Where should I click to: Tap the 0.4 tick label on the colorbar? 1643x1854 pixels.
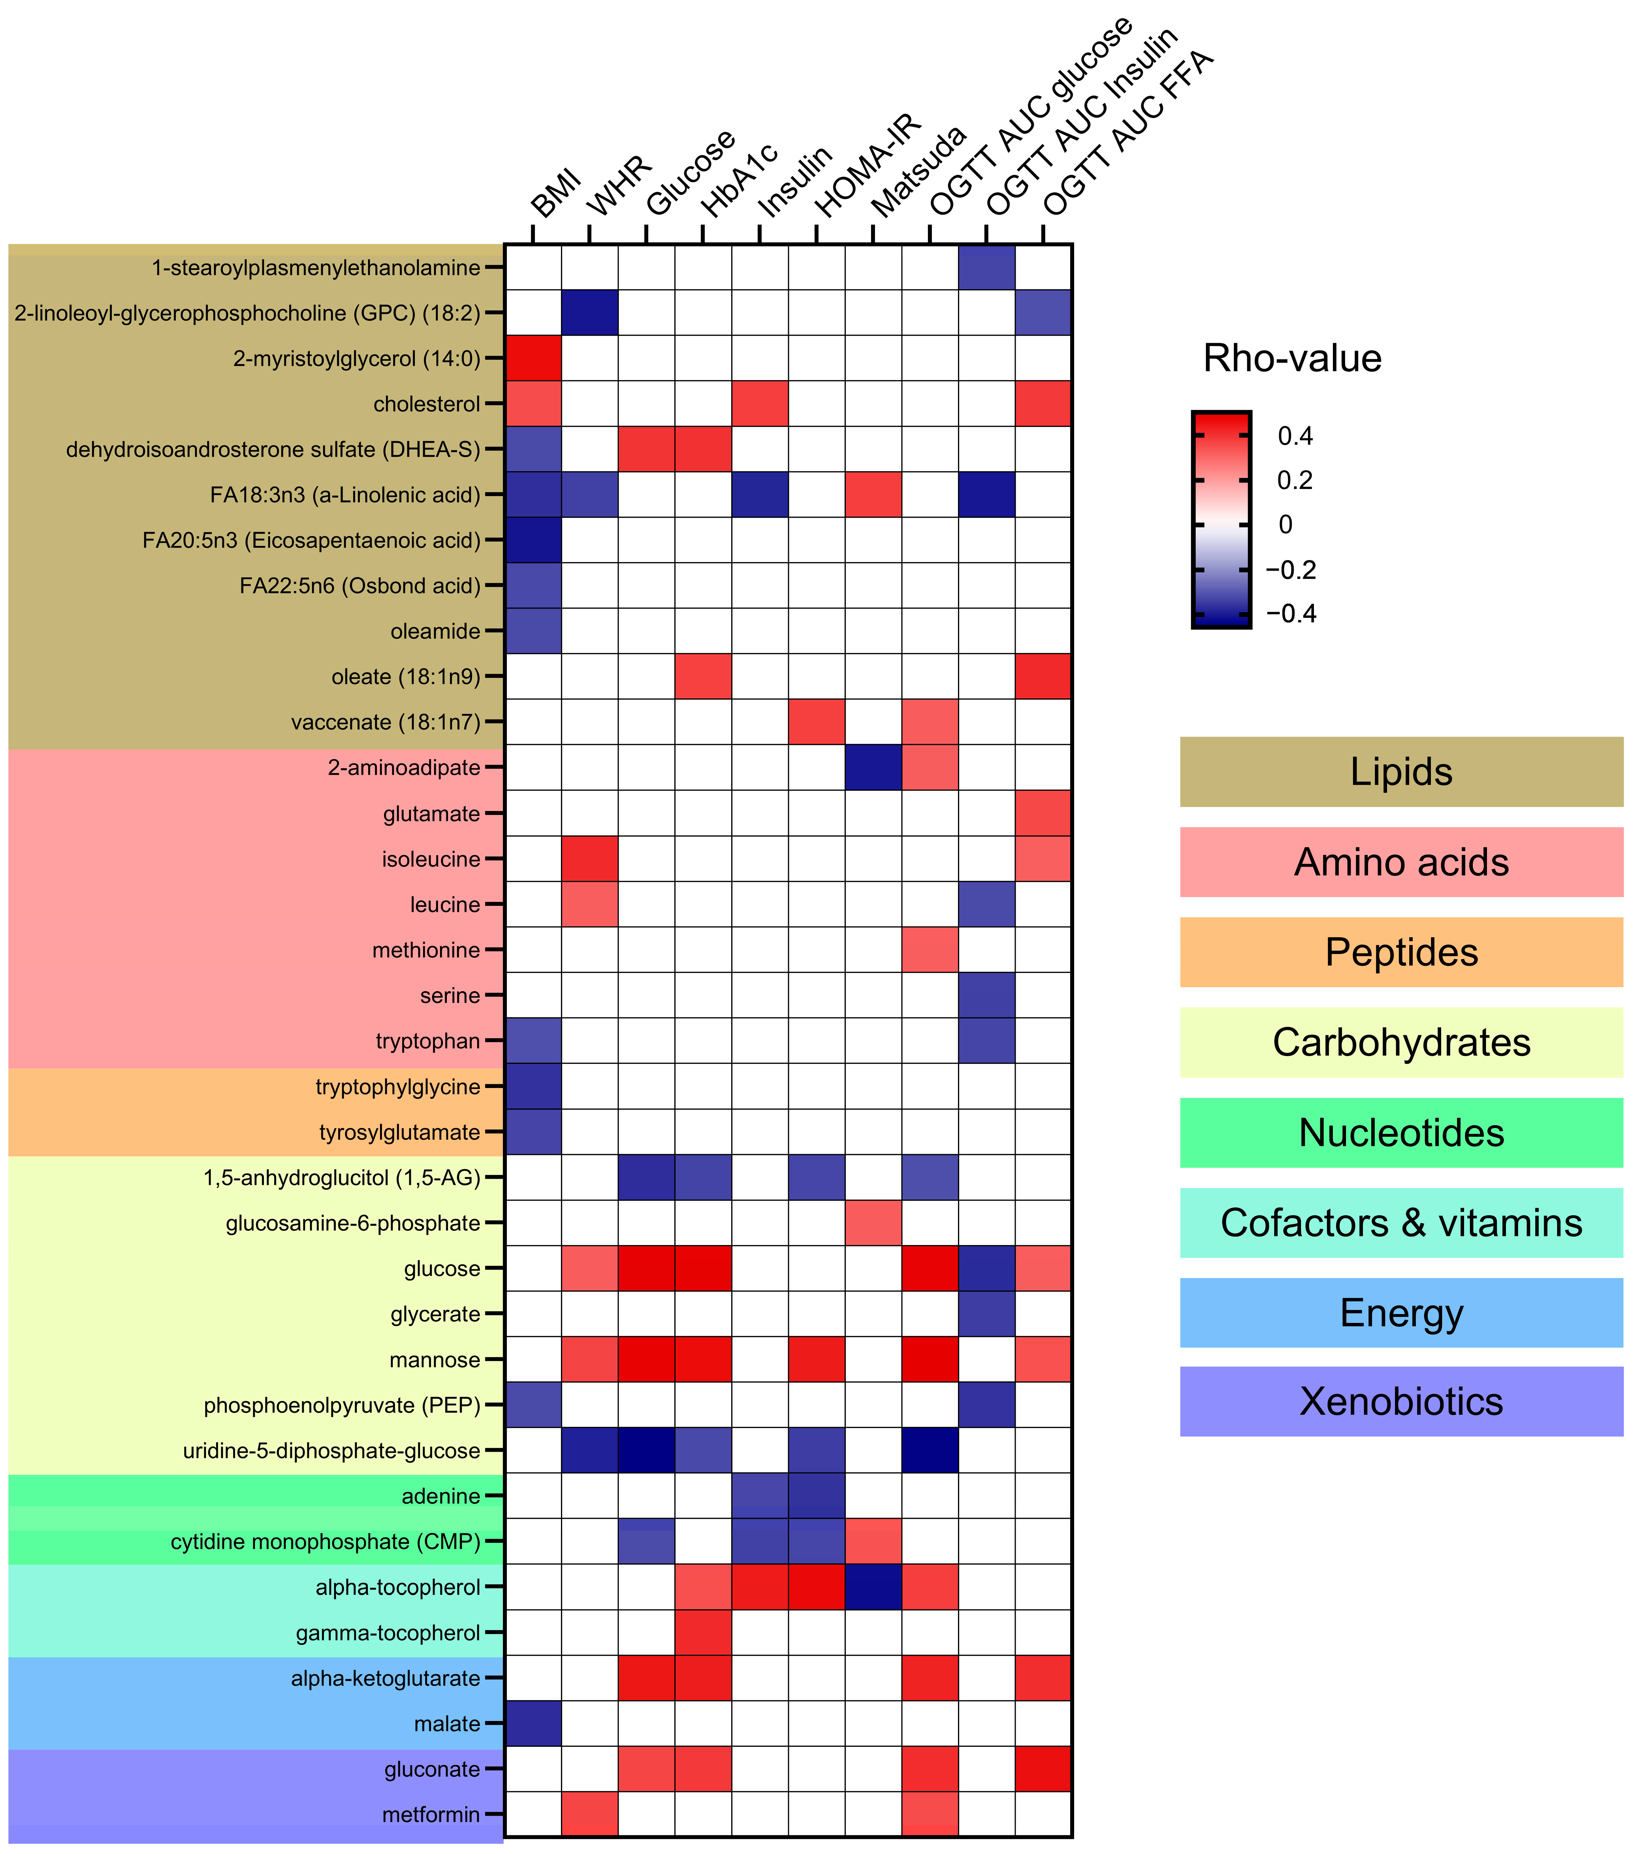click(x=1295, y=436)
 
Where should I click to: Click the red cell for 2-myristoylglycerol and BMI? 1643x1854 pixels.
click(x=533, y=358)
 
